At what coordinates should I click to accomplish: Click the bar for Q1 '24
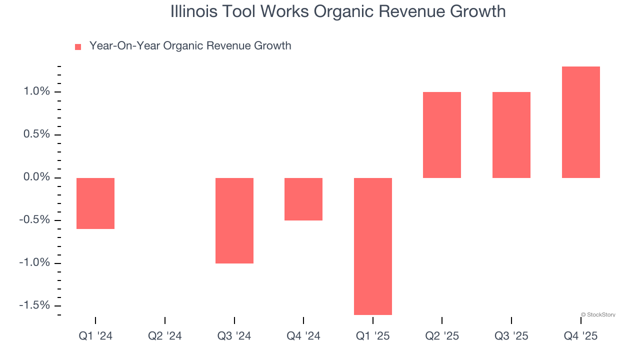tap(95, 203)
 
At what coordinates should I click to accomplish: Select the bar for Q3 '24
tap(234, 220)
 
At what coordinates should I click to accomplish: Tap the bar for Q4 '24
tap(303, 199)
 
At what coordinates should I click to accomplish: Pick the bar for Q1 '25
tap(373, 246)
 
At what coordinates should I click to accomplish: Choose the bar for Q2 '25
tap(442, 135)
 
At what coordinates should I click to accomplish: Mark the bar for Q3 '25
tap(511, 135)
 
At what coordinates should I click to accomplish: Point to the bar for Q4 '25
tap(581, 122)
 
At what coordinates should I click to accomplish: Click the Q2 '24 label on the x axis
tap(165, 336)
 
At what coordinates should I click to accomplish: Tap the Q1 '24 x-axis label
tap(95, 336)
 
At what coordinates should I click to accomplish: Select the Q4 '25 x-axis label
tap(581, 336)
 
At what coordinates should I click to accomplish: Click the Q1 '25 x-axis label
tap(373, 336)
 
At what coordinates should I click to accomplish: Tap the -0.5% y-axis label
tap(34, 220)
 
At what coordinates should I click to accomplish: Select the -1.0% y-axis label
tap(34, 263)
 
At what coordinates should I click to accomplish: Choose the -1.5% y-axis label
tap(34, 305)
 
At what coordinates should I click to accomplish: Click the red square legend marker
tap(78, 47)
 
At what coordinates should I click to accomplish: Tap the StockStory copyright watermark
tap(598, 315)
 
